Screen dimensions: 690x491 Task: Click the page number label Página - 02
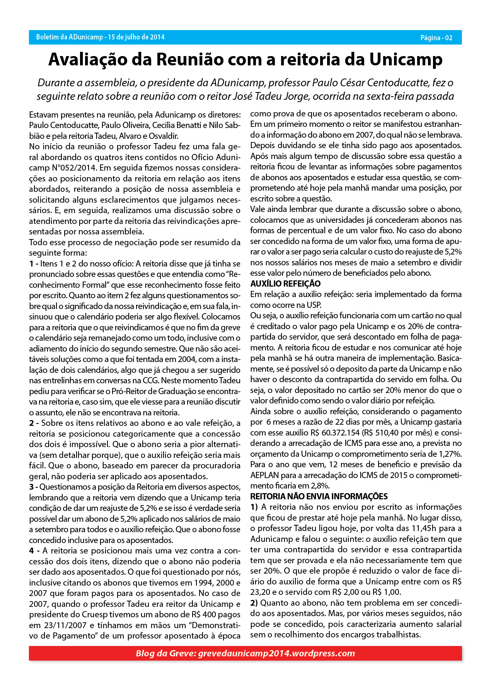(x=436, y=38)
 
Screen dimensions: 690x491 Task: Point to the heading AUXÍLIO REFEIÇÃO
(x=285, y=284)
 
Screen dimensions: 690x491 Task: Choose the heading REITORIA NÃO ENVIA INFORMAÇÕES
(x=319, y=496)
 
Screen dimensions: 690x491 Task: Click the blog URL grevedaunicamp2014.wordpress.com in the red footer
(x=276, y=653)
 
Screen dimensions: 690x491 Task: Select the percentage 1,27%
(x=450, y=454)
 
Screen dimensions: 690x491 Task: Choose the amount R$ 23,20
(x=264, y=592)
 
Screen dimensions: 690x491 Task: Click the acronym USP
(x=314, y=305)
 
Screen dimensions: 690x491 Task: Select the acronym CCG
(x=151, y=381)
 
